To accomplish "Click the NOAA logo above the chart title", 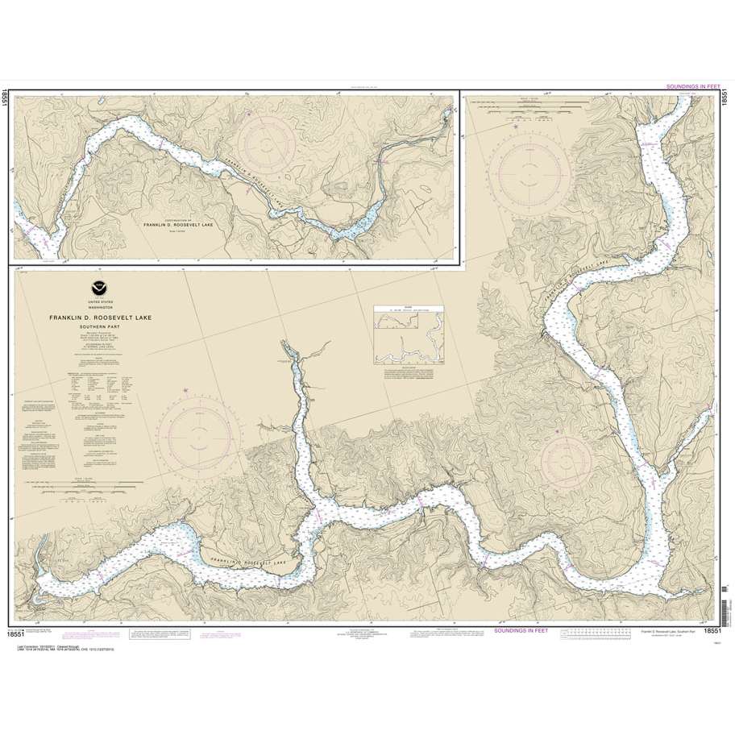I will click(99, 288).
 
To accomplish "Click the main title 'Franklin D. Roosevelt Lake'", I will click(100, 318).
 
